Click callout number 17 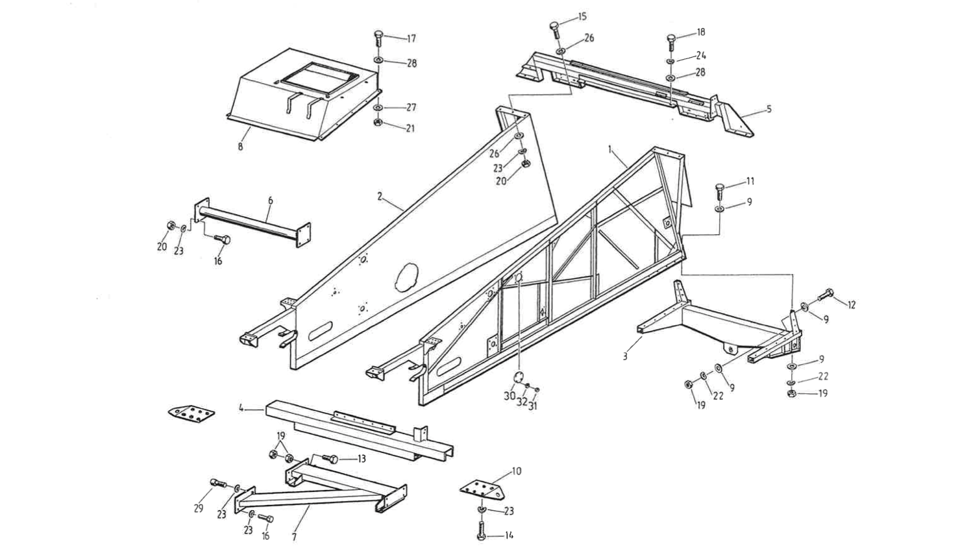tap(412, 39)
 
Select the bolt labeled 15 tap(554, 28)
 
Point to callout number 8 tap(240, 147)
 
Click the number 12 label tap(852, 305)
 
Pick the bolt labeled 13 tap(331, 459)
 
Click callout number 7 tap(294, 537)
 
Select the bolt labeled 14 tap(481, 535)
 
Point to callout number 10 tap(517, 471)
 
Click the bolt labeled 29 tap(217, 483)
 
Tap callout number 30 tap(510, 396)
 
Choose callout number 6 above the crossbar tap(270, 201)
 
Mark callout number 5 tap(769, 109)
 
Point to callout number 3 tap(625, 356)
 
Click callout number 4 tap(241, 409)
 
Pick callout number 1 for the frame tap(610, 149)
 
